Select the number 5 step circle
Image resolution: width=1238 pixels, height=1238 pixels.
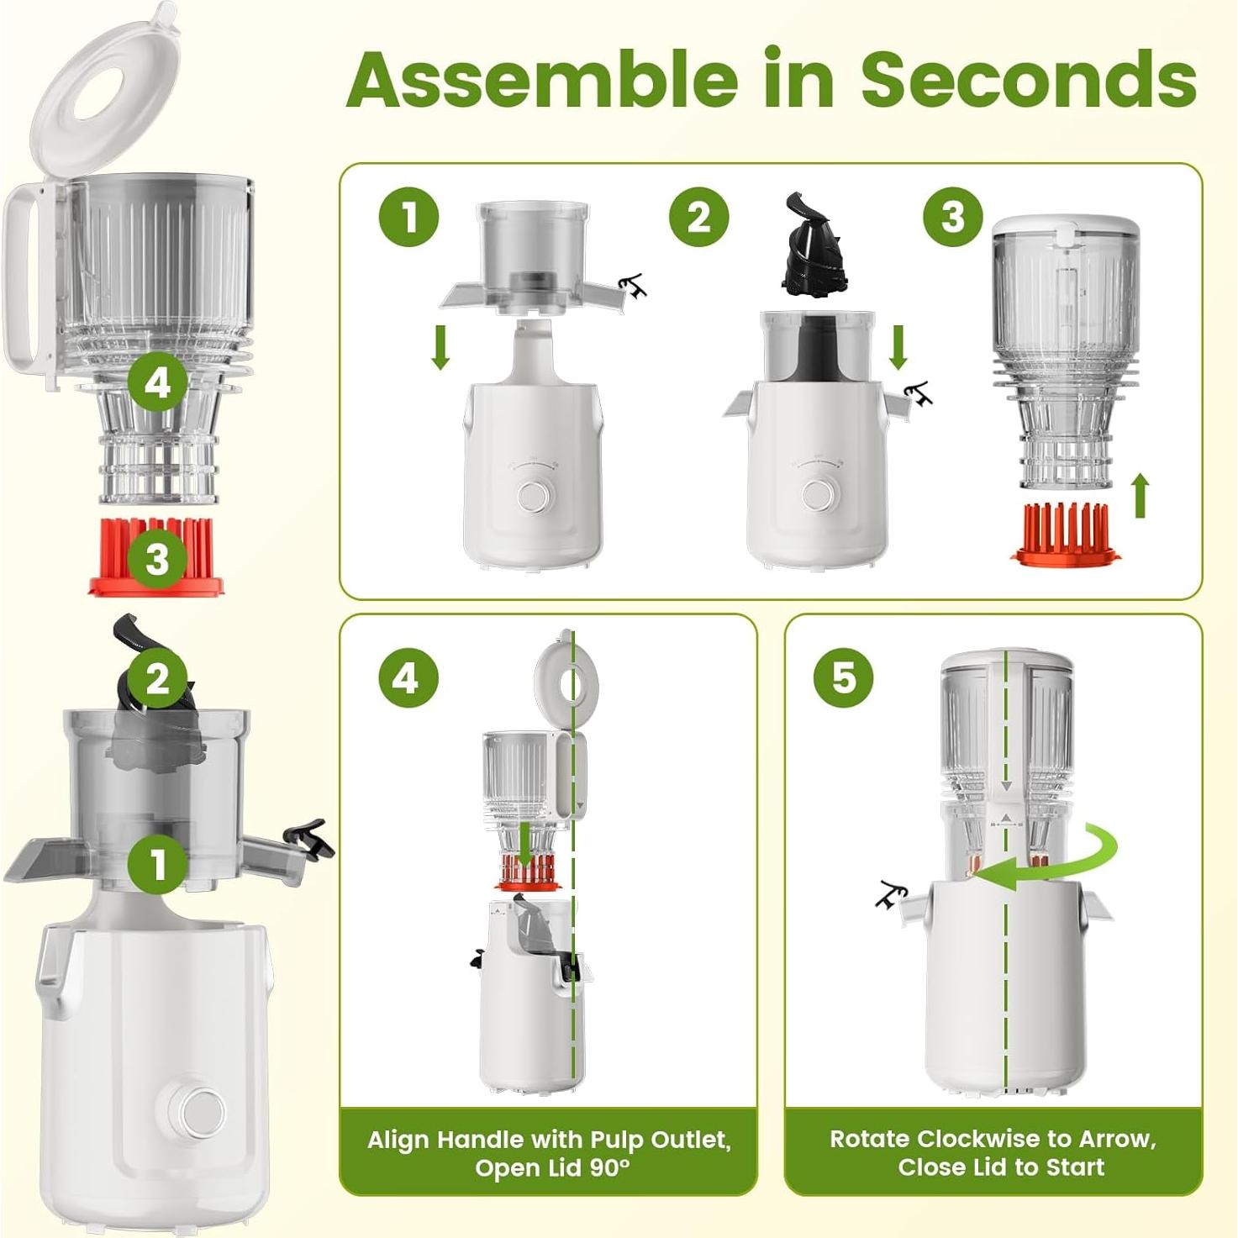coord(844,677)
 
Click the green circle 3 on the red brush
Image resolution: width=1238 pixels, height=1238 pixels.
coord(157,558)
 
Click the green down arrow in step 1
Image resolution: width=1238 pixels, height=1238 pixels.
coord(440,347)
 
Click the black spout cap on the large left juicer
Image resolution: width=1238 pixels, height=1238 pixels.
coord(309,839)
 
